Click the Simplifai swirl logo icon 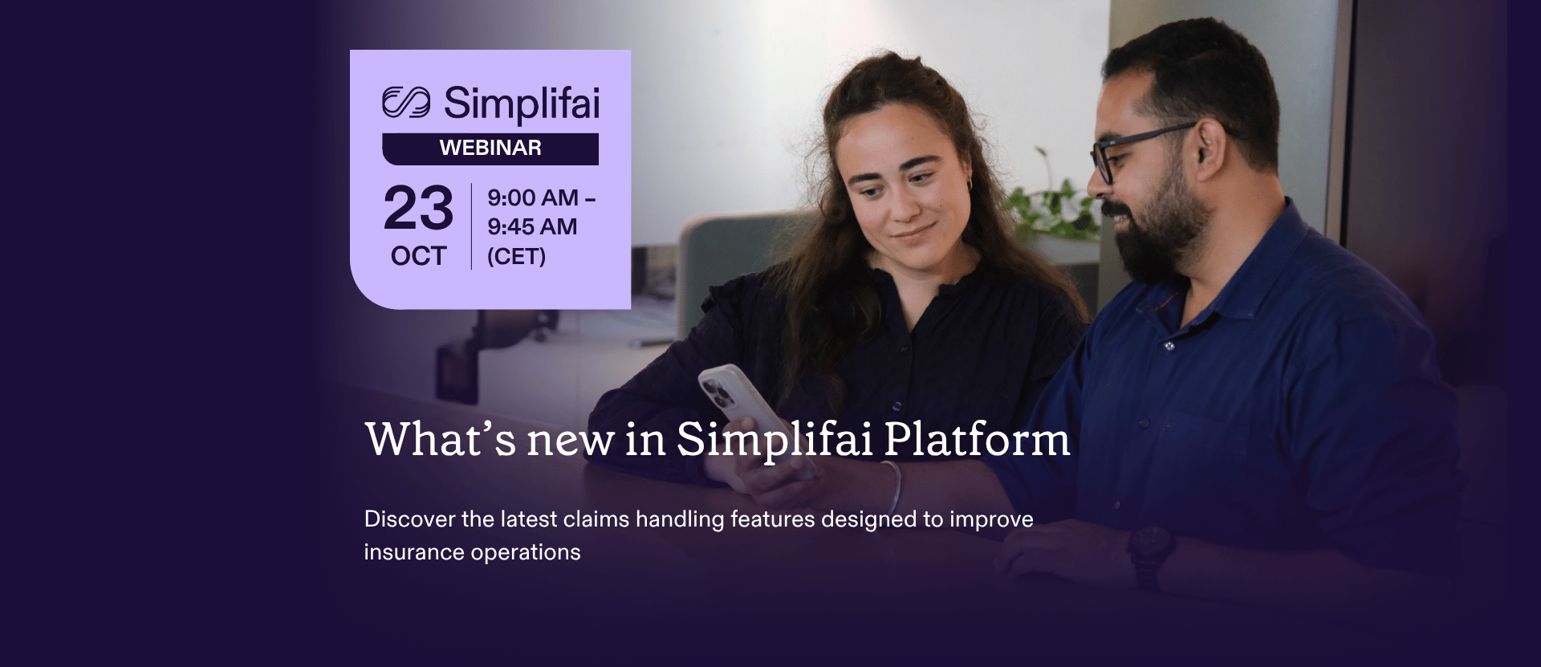tap(406, 103)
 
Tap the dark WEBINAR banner tap(490, 148)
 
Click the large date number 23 tap(418, 209)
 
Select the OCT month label tap(418, 256)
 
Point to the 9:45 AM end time tap(532, 227)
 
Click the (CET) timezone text tap(516, 257)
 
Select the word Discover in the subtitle tap(409, 519)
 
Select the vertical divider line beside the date tap(471, 226)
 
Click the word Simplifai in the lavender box tap(521, 104)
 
